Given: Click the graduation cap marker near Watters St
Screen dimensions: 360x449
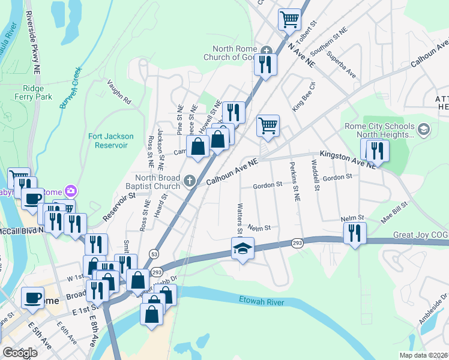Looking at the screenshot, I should pyautogui.click(x=243, y=249).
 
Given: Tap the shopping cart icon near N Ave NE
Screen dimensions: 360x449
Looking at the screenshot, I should pyautogui.click(x=289, y=20).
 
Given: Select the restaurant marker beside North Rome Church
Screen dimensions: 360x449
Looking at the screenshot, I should pyautogui.click(x=265, y=64).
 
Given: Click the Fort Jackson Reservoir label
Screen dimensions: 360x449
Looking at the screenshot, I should pyautogui.click(x=111, y=141).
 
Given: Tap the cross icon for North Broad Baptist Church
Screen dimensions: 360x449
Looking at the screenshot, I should pyautogui.click(x=190, y=181).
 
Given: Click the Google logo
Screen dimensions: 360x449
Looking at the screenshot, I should pyautogui.click(x=20, y=353).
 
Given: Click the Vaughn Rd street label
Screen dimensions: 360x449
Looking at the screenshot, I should pyautogui.click(x=119, y=93).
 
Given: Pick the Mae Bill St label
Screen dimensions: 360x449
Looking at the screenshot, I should pyautogui.click(x=394, y=213).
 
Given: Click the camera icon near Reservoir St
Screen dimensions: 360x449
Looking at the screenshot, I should pyautogui.click(x=71, y=191).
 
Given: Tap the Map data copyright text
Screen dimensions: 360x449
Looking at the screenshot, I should pyautogui.click(x=424, y=355).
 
